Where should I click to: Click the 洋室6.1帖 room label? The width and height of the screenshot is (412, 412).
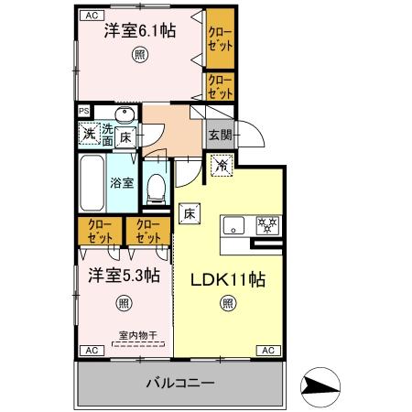coord(138,30)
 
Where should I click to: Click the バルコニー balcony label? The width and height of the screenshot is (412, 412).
coord(179,381)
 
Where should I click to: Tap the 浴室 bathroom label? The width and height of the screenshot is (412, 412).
coord(122,182)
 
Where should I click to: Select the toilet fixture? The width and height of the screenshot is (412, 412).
coord(156,188)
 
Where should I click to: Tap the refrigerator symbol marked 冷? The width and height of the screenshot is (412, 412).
coord(222,166)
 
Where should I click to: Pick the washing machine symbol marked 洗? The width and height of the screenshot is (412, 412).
coord(90,136)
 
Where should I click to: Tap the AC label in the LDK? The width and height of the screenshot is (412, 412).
coord(269,350)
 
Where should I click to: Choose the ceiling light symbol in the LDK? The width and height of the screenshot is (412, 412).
coord(227,306)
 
